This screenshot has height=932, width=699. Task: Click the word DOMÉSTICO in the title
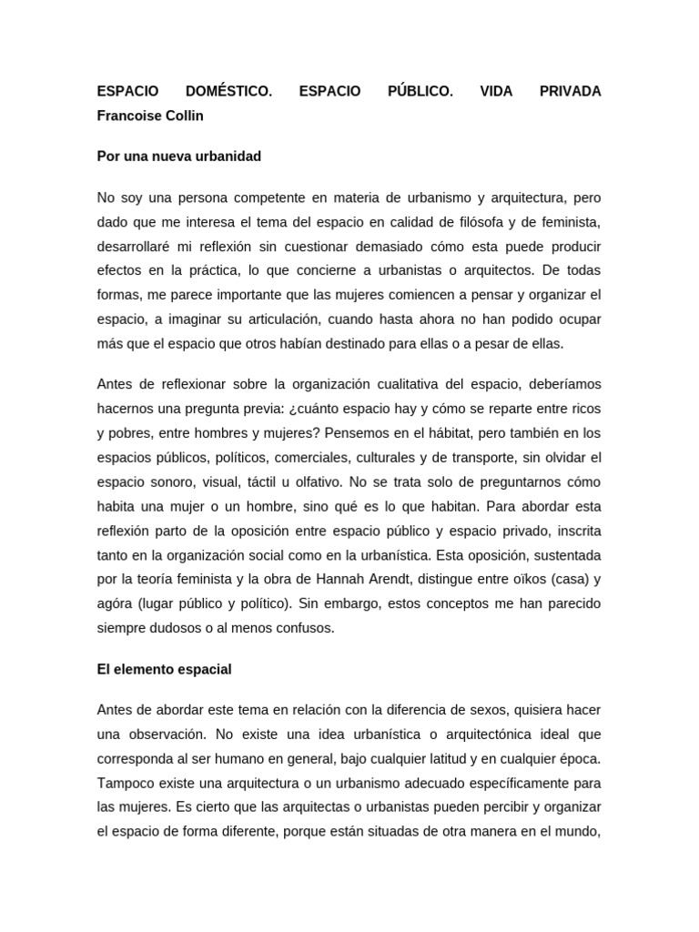(x=228, y=91)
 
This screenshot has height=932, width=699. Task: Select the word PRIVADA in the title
(x=570, y=91)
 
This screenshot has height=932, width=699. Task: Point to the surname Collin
(x=184, y=116)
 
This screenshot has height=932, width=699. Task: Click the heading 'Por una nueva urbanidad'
(x=179, y=157)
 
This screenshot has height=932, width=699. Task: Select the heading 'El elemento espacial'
(x=165, y=669)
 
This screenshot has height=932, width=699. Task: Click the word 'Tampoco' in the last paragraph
(x=125, y=783)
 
